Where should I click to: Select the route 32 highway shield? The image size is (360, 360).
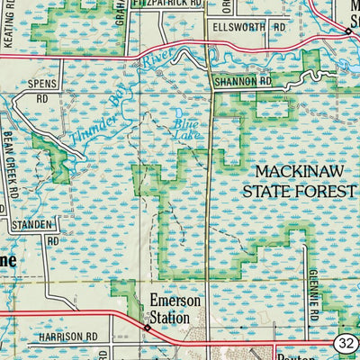point(346,343)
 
